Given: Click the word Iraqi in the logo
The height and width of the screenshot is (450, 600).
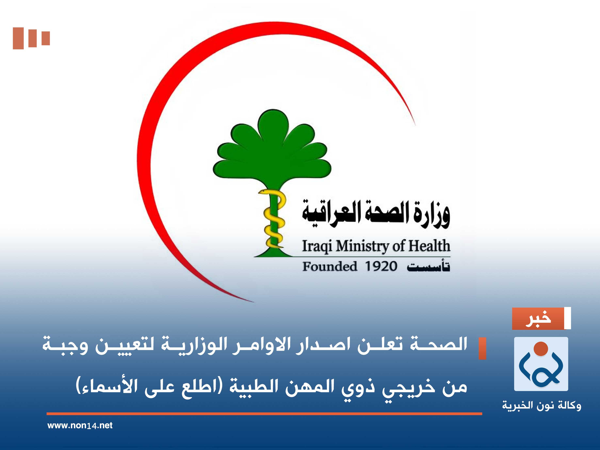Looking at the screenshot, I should coord(317,246).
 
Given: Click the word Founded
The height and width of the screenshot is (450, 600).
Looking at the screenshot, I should coord(330,266).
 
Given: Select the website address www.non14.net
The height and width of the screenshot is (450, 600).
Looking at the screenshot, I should coord(80,425).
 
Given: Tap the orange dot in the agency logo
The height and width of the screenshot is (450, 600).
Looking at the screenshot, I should coord(541,349).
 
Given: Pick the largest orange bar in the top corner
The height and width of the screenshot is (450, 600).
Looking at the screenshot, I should coord(18,38).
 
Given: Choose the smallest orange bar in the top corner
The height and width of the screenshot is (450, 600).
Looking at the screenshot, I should coord(46,38).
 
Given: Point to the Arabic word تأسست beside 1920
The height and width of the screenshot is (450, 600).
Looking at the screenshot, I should coord(428,266).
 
